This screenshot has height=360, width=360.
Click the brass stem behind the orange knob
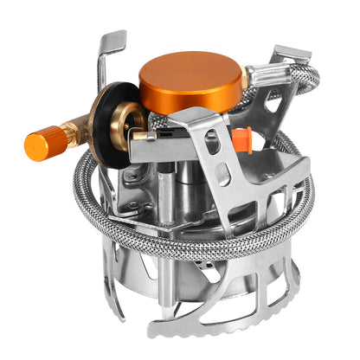pos(69,133)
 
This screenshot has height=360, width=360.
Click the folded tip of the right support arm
pos(294,57)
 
